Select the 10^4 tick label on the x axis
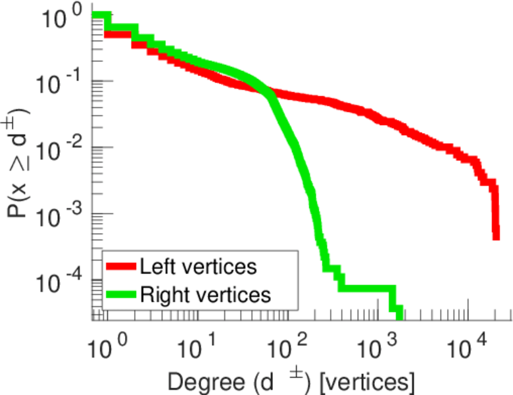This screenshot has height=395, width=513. coord(468,343)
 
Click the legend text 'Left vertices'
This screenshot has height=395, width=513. coord(198,267)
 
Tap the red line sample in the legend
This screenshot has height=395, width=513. coord(122,267)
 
